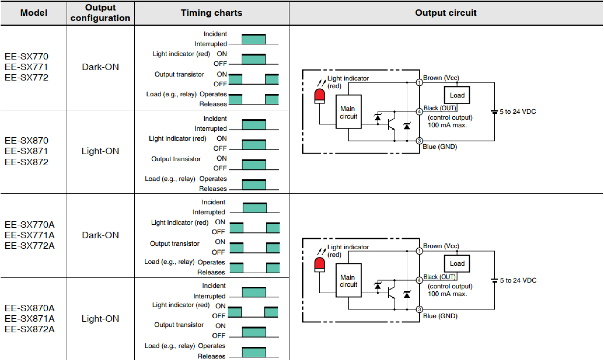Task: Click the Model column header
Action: (34, 13)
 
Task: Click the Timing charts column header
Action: (211, 13)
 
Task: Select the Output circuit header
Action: (445, 13)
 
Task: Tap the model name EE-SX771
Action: (26, 67)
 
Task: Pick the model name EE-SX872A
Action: (30, 329)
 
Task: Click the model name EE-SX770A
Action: (30, 225)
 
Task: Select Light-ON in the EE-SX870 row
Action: (100, 151)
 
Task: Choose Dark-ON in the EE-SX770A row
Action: (100, 235)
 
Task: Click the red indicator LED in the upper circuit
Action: (320, 96)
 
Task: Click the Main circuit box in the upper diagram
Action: (348, 112)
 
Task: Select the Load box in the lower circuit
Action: (457, 263)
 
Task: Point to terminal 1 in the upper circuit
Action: (419, 82)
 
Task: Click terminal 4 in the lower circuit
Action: (419, 280)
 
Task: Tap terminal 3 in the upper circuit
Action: (419, 141)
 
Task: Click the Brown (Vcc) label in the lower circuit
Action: (441, 246)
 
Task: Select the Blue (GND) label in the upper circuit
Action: (440, 147)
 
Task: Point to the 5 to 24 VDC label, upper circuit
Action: (518, 112)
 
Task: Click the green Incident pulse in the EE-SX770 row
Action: (253, 39)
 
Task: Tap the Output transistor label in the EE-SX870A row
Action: (179, 325)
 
